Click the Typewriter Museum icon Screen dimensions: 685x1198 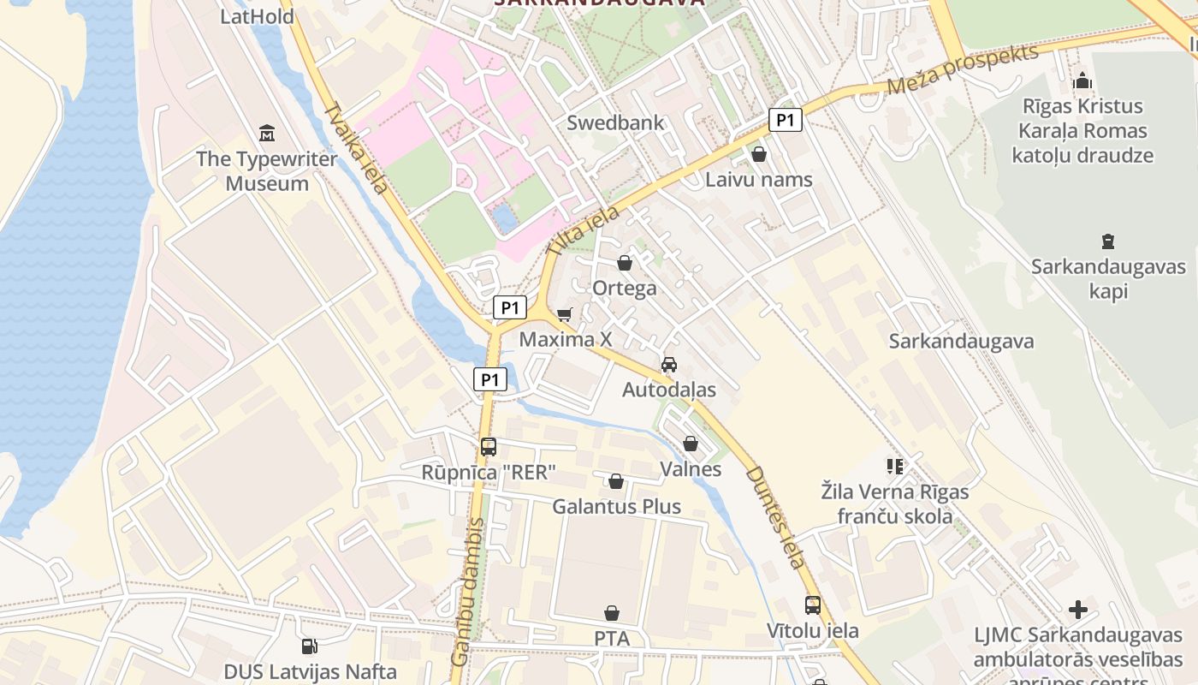[x=266, y=134]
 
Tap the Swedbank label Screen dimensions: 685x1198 [x=615, y=122]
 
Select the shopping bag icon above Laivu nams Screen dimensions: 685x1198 [x=758, y=155]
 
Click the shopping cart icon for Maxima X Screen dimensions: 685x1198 [x=564, y=315]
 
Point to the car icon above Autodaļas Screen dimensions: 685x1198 [x=669, y=365]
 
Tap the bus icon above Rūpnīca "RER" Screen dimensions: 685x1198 [x=489, y=447]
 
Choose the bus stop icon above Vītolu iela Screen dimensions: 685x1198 [x=812, y=605]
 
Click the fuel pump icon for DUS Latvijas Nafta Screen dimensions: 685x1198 [x=310, y=646]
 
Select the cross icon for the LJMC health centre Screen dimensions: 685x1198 [x=1078, y=610]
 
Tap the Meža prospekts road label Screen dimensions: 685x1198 [x=963, y=69]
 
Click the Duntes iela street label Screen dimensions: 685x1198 [x=774, y=517]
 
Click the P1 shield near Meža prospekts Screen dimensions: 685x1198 [x=785, y=121]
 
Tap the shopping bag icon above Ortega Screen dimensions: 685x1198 [x=625, y=263]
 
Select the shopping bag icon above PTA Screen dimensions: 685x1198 [x=611, y=613]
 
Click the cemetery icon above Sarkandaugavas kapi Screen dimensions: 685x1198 [x=1108, y=241]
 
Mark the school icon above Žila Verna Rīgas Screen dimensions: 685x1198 [x=895, y=467]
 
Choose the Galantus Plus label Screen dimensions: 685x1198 [x=616, y=506]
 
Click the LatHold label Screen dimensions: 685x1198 [x=257, y=16]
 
